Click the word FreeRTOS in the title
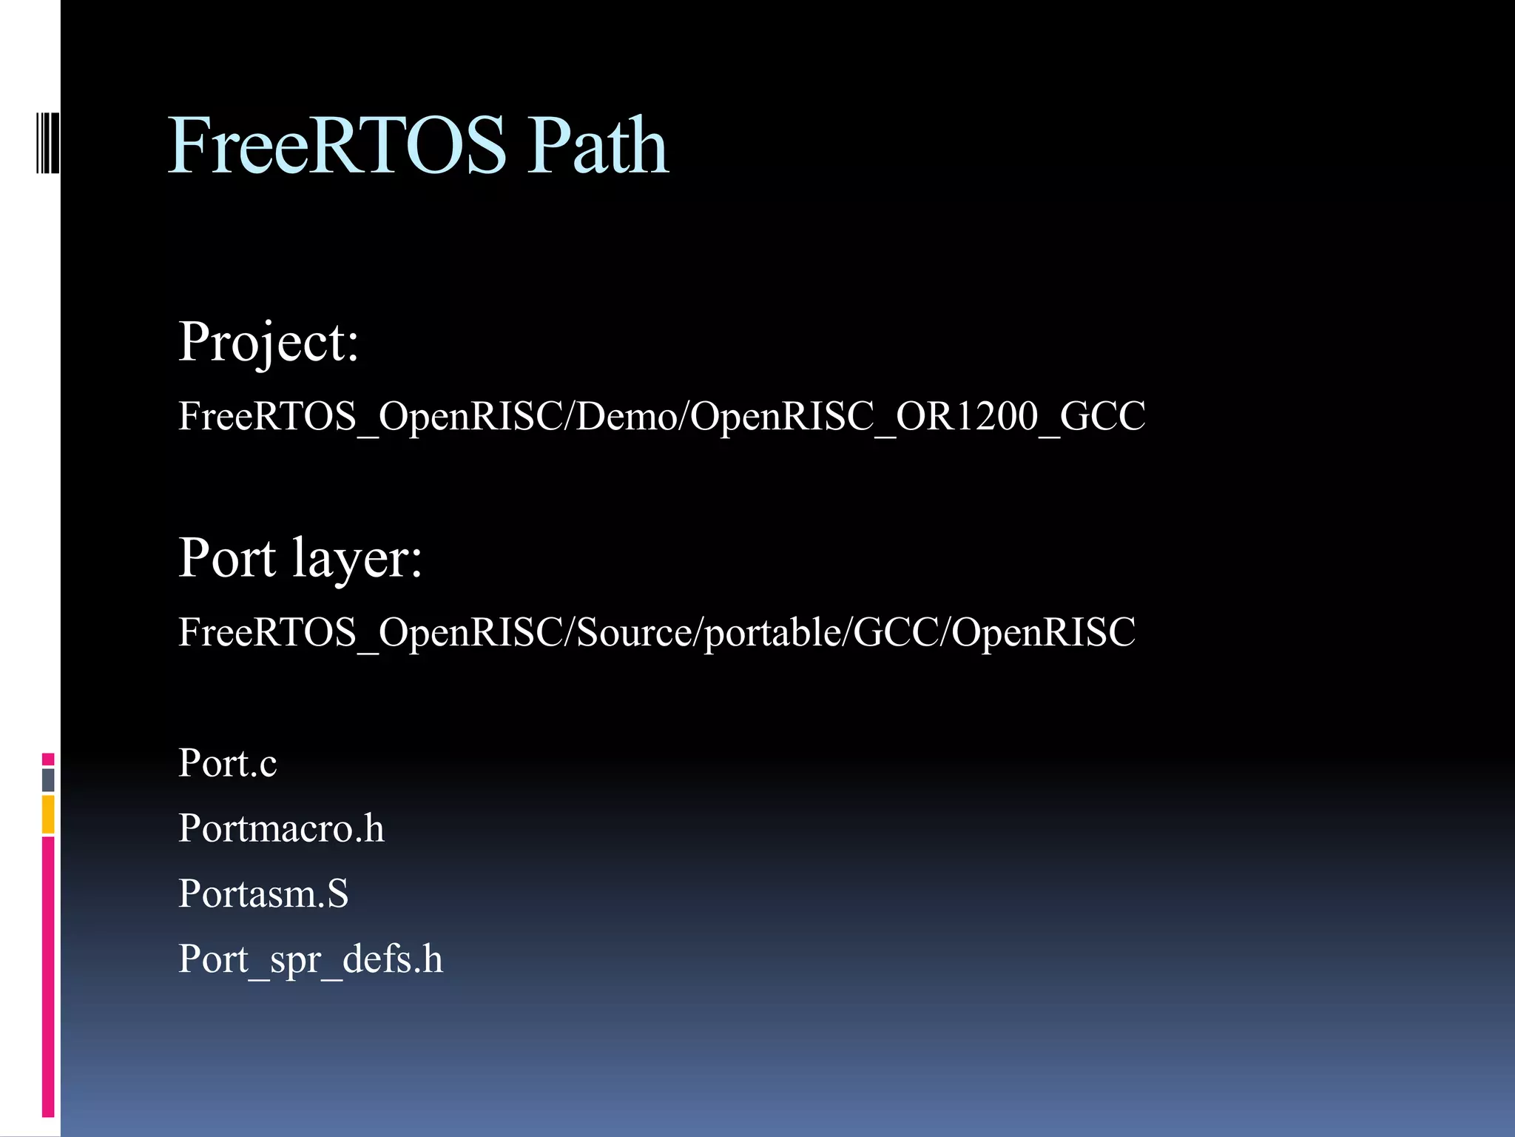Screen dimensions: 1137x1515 click(x=337, y=146)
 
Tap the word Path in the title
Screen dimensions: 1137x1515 click(x=598, y=146)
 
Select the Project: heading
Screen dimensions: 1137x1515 click(x=269, y=343)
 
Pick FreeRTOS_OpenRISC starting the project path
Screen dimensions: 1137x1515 click(x=370, y=416)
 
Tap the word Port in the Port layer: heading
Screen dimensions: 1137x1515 click(x=227, y=559)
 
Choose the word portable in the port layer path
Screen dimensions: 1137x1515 click(x=772, y=633)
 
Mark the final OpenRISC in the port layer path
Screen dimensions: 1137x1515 click(x=1043, y=633)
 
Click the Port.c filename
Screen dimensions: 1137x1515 click(x=227, y=763)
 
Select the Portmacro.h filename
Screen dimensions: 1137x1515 click(x=281, y=828)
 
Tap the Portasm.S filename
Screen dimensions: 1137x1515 click(x=263, y=893)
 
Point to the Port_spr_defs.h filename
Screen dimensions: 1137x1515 click(x=311, y=959)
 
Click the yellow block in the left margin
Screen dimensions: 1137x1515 click(x=48, y=814)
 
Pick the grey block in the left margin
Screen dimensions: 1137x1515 click(x=48, y=780)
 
